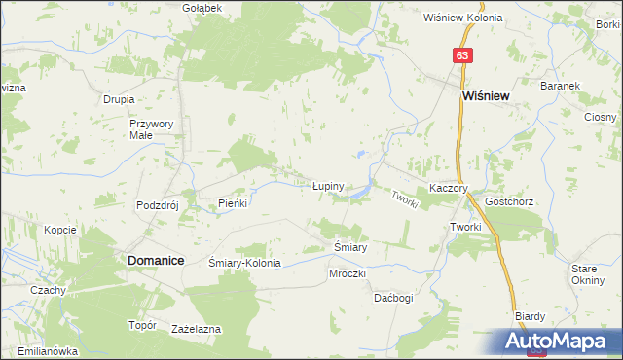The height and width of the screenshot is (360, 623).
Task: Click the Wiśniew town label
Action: coord(487,97)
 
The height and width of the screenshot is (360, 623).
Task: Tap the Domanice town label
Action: coord(153,261)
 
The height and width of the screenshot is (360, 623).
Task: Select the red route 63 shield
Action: coord(462,56)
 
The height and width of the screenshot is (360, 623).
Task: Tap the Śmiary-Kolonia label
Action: coord(245,263)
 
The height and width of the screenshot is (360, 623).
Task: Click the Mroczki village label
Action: coord(347,273)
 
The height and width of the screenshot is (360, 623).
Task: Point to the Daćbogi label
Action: coord(393,298)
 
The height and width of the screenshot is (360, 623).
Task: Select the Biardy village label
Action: coord(530,316)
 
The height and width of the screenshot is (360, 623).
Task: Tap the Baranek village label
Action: coord(561,86)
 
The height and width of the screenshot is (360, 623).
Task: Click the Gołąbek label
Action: coord(202,7)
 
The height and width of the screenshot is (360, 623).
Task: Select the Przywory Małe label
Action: coord(151,129)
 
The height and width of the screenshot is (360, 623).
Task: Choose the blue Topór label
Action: coord(143,325)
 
